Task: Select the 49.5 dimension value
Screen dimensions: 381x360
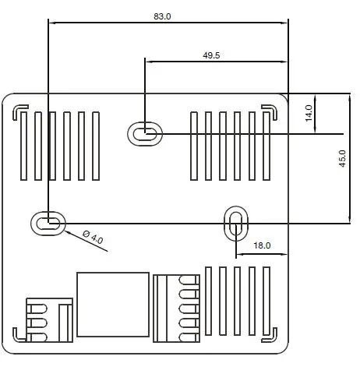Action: coord(211,55)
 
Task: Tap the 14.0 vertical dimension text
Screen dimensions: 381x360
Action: coord(309,114)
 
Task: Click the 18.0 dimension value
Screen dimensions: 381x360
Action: coord(263,246)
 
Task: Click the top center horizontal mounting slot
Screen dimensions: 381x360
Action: coord(144,133)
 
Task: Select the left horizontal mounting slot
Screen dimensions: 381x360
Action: coord(48,223)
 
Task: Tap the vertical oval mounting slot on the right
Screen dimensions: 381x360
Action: coord(235,222)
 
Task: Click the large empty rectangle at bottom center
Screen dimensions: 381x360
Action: coord(112,305)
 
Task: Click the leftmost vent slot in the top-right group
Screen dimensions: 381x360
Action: coord(195,146)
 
